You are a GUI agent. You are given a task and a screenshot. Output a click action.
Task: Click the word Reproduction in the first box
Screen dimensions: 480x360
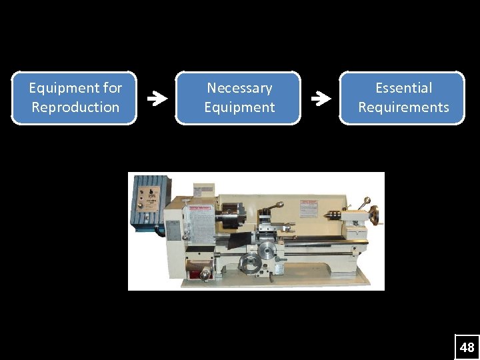[x=75, y=107]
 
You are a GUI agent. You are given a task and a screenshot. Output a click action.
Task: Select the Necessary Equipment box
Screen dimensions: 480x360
[x=239, y=98]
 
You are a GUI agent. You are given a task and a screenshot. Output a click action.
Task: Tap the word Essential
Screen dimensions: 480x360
[x=403, y=88]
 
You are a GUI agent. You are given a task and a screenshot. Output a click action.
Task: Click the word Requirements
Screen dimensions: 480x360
[x=403, y=107]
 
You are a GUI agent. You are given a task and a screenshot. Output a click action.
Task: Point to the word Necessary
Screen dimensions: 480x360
[x=239, y=88]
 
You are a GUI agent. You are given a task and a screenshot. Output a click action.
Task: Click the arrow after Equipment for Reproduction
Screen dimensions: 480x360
[x=157, y=99]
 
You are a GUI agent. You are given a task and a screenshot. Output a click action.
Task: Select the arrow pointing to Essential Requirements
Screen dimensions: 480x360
[x=321, y=99]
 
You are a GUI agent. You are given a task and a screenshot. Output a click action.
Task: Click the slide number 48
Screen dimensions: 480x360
[x=467, y=347]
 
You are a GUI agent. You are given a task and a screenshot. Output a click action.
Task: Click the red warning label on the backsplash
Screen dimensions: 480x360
[x=309, y=208]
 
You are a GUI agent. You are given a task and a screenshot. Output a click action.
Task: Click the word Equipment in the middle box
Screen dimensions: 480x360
[x=239, y=107]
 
